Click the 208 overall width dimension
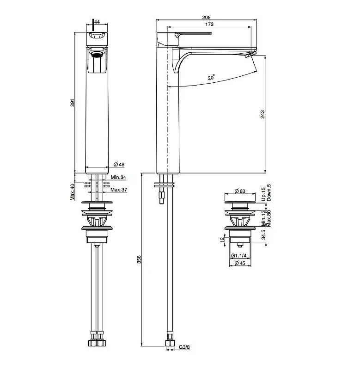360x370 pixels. pyautogui.click(x=206, y=18)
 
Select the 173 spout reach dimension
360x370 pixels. pyautogui.click(x=209, y=24)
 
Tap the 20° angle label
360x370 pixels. pyautogui.click(x=211, y=77)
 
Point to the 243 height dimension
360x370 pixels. pyautogui.click(x=262, y=114)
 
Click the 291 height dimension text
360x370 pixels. pyautogui.click(x=73, y=103)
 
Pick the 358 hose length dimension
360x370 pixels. pyautogui.click(x=139, y=259)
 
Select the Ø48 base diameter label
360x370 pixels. pyautogui.click(x=119, y=165)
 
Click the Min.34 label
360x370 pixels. pyautogui.click(x=118, y=177)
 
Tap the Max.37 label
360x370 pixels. pyautogui.click(x=119, y=190)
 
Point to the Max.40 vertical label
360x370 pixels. pyautogui.click(x=73, y=192)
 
